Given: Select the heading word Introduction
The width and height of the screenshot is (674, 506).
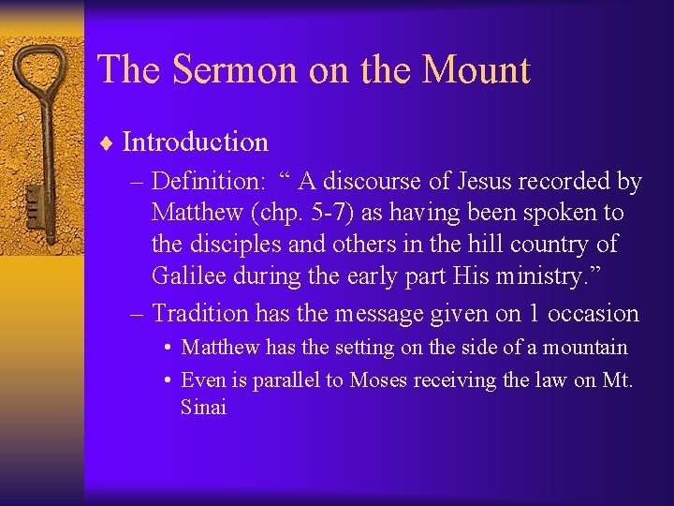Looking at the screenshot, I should [195, 142].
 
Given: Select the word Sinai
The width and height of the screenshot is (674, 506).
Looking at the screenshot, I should [203, 408].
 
